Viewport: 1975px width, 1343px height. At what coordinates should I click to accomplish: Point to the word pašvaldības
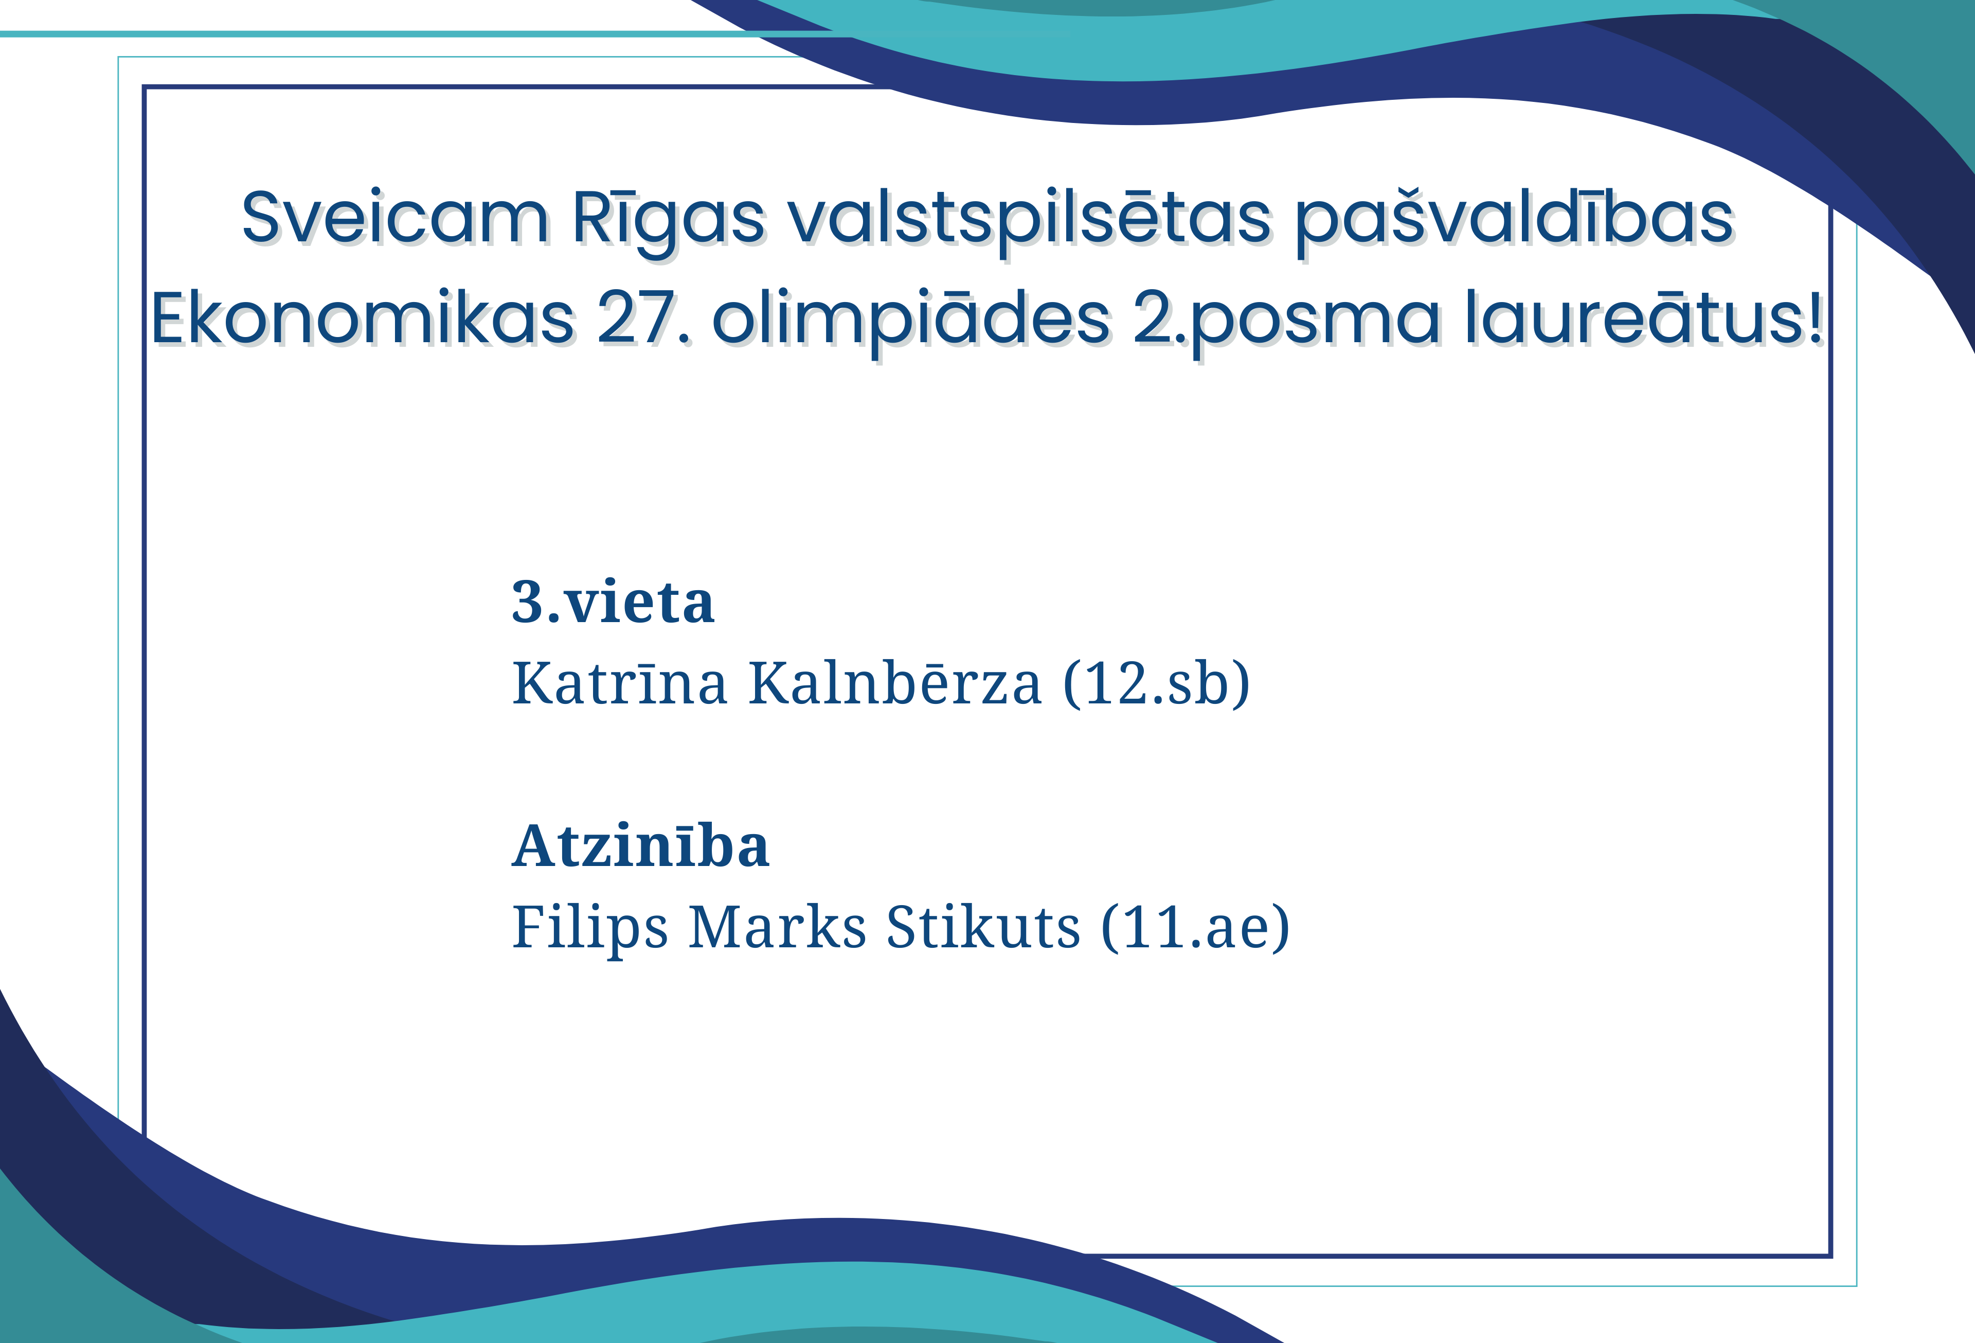point(1514,219)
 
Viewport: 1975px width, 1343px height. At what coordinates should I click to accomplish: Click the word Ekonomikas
point(363,318)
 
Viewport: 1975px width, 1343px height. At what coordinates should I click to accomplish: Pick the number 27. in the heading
point(643,319)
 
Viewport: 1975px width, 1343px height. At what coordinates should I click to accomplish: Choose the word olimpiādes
point(911,321)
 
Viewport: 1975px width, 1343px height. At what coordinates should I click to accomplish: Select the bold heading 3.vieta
point(613,602)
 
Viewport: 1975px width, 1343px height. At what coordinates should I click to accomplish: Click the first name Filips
point(590,927)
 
